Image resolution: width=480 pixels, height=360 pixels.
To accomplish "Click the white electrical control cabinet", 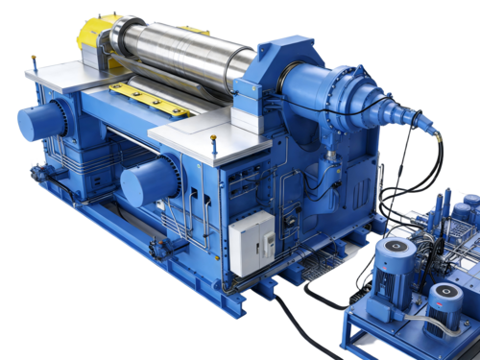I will coord(251,239).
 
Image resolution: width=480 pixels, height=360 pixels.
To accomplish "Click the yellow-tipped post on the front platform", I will coord(214,144).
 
